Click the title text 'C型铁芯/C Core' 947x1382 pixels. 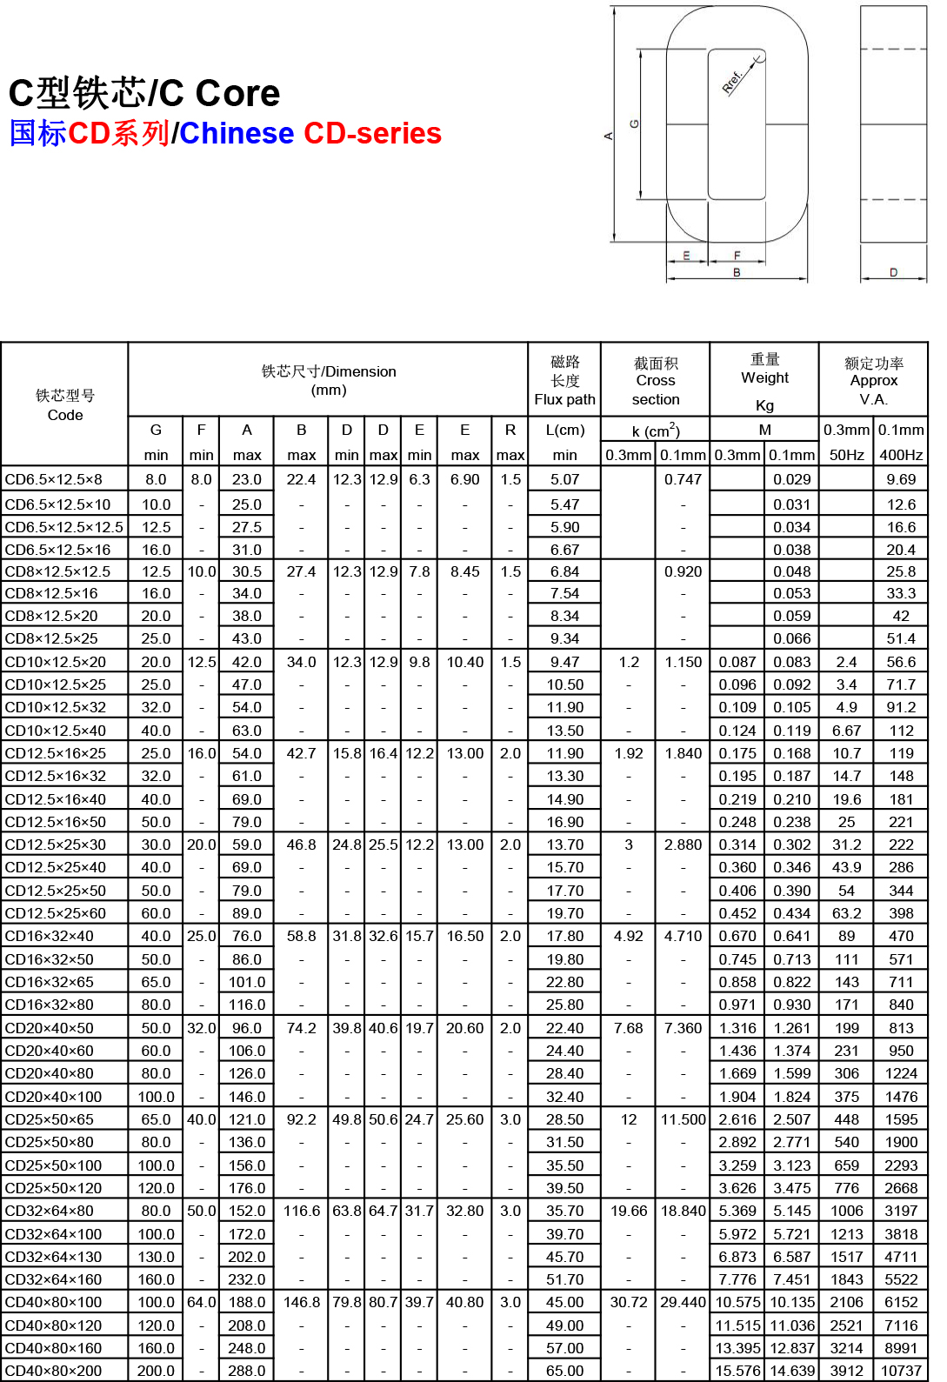[144, 93]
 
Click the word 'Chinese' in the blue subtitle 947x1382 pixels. [237, 133]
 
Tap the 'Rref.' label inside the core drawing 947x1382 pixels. [733, 82]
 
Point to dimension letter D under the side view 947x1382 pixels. [893, 272]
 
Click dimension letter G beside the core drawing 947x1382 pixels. [634, 124]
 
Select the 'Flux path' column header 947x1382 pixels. [564, 400]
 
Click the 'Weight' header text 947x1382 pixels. [764, 377]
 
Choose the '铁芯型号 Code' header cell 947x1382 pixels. [65, 405]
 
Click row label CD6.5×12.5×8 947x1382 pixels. [54, 479]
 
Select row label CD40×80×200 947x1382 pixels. [54, 1371]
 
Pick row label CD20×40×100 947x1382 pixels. [54, 1097]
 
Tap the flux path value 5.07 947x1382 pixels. [564, 479]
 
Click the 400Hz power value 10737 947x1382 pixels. [901, 1371]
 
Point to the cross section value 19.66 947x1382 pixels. [629, 1211]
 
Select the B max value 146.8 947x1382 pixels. [302, 1302]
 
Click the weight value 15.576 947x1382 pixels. [737, 1371]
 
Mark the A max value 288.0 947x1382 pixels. [247, 1371]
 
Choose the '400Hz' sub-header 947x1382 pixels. [901, 455]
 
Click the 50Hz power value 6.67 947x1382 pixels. [846, 731]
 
